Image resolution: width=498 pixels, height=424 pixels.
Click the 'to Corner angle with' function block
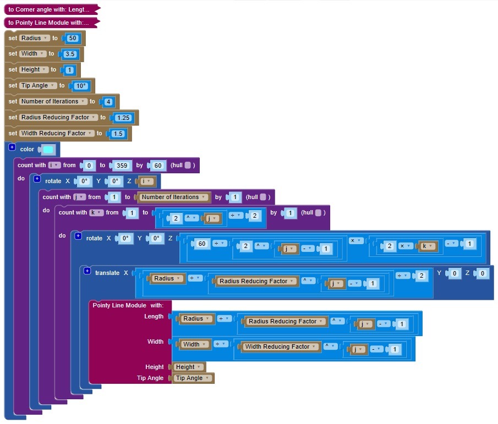[x=49, y=9]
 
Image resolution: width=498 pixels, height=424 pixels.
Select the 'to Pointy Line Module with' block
[x=49, y=23]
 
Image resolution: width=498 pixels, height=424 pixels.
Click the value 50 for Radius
[x=73, y=38]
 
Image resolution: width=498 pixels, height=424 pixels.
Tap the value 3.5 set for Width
[x=70, y=54]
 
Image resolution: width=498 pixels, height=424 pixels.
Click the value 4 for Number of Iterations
[x=108, y=102]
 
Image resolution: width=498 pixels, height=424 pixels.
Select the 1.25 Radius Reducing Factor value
[x=122, y=118]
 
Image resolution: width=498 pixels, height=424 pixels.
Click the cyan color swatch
[x=48, y=150]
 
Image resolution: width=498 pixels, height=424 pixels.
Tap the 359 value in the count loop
[x=122, y=166]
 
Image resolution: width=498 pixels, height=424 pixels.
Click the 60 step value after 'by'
[x=157, y=166]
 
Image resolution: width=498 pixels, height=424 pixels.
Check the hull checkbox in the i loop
[x=188, y=166]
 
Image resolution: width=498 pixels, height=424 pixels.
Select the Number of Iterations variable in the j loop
[x=174, y=197]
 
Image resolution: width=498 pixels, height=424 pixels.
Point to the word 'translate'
[x=107, y=273]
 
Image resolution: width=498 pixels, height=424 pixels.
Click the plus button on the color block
[x=12, y=148]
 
